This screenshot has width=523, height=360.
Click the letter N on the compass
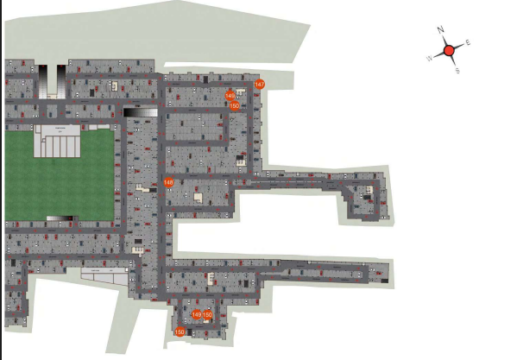(x=440, y=30)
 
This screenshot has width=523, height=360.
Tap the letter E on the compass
(x=468, y=41)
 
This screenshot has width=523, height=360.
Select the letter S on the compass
(x=457, y=71)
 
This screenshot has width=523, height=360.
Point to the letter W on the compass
(x=429, y=58)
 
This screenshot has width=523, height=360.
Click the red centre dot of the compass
(x=449, y=51)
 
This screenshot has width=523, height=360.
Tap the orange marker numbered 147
(x=259, y=84)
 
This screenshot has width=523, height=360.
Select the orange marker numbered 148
(x=168, y=182)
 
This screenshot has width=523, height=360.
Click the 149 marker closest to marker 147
(x=230, y=96)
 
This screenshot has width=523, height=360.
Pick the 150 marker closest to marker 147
(x=235, y=105)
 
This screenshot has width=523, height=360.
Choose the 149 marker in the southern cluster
(x=197, y=315)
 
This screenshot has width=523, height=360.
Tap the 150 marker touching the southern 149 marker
(x=207, y=315)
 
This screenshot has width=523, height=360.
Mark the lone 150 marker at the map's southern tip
(x=180, y=332)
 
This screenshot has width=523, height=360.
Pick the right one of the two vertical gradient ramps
(x=62, y=80)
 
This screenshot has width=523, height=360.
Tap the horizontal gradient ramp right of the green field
(x=141, y=111)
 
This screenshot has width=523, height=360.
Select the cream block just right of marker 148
(x=198, y=198)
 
